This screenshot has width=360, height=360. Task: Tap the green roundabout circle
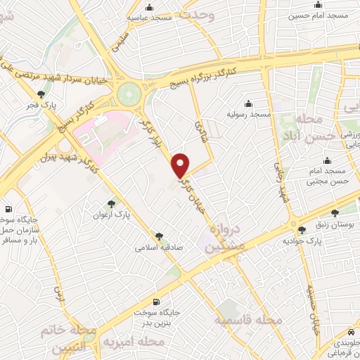(x=129, y=92)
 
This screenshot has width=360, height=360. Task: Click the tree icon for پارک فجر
(x=41, y=95)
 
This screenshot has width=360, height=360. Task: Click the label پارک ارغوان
(x=112, y=214)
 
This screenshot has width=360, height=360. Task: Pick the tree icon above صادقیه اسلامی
(x=160, y=237)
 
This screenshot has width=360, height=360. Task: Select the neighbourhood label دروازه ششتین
(x=226, y=239)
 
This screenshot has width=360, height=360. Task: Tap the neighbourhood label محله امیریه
(x=134, y=342)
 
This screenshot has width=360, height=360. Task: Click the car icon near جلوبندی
(x=350, y=332)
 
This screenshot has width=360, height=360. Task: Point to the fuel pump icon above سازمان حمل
(x=8, y=209)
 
